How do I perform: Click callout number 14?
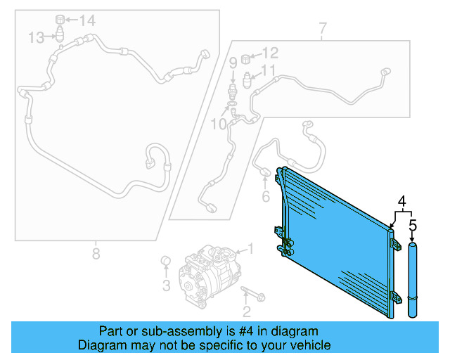[86, 20]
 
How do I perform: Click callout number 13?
[37, 37]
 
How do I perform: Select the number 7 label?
[322, 30]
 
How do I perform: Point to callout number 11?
[268, 70]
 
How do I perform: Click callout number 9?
[232, 63]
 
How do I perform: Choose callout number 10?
[219, 124]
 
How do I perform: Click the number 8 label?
[96, 252]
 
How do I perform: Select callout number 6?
[265, 197]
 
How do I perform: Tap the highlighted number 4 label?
[402, 202]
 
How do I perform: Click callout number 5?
[413, 226]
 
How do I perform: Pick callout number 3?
[167, 285]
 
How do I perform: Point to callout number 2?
[246, 311]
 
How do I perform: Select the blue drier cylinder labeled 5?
[413, 280]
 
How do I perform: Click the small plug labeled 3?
[167, 262]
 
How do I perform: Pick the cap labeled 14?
[60, 18]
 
